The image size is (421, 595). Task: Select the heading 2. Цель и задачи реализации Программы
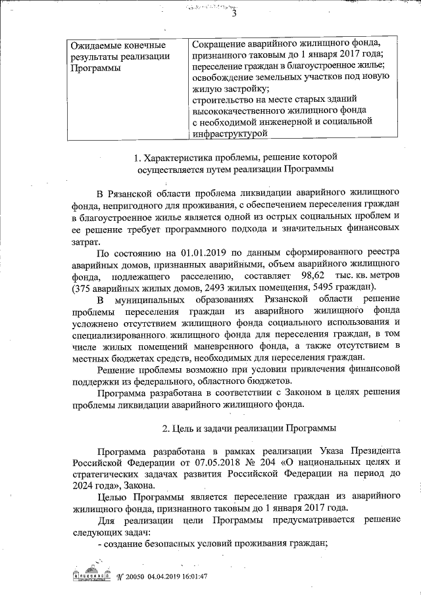249,428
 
